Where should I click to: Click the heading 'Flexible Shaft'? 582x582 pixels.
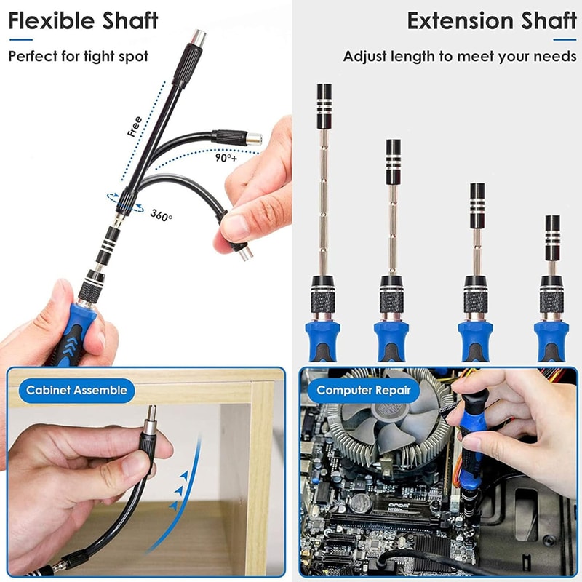tap(83, 21)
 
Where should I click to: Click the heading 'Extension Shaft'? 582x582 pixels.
tap(492, 21)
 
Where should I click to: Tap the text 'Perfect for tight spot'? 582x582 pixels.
tap(79, 56)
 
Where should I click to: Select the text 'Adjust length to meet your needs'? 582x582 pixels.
tap(460, 56)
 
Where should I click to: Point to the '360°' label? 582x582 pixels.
tap(162, 215)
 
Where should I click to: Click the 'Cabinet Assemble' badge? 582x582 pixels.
tap(76, 391)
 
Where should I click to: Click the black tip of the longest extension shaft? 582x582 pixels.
tap(324, 96)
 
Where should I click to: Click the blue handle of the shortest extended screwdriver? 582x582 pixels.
tap(551, 339)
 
